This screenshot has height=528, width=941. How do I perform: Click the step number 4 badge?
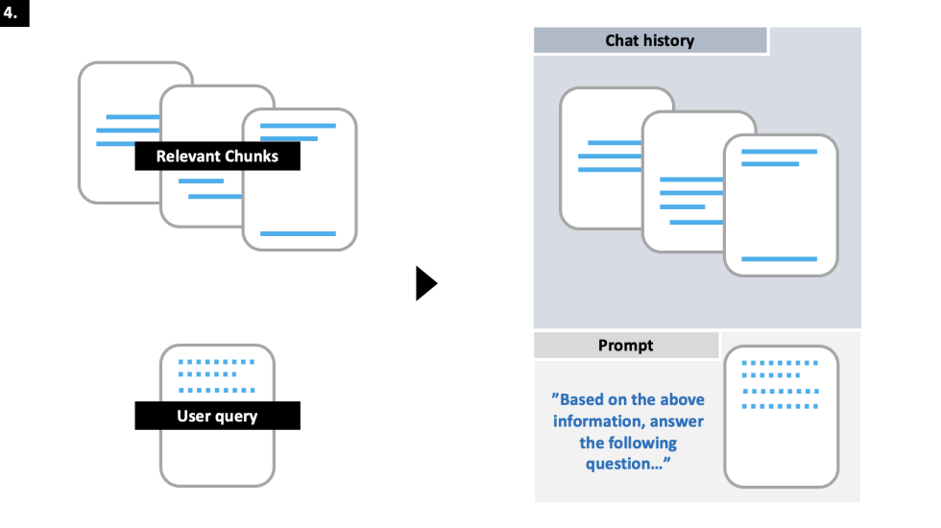(x=14, y=12)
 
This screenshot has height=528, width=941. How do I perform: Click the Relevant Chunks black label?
(x=217, y=156)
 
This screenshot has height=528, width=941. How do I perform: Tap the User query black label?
(x=217, y=416)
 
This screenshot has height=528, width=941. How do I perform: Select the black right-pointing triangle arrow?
(x=425, y=284)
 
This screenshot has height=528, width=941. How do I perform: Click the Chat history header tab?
(x=649, y=40)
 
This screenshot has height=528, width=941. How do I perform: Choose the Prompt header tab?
(x=625, y=346)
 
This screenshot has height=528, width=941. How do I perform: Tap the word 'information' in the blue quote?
(x=599, y=421)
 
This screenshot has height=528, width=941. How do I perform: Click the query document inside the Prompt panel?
(x=781, y=417)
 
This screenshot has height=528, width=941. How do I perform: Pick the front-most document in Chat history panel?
(x=780, y=205)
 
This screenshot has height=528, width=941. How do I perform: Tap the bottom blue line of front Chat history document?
(x=779, y=259)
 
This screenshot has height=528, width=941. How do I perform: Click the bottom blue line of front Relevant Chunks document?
(x=298, y=233)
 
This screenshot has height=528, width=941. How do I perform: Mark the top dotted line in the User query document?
(x=217, y=363)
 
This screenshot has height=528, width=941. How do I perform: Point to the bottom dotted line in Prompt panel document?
(x=780, y=406)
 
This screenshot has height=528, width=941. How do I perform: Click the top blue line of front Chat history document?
(x=779, y=152)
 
